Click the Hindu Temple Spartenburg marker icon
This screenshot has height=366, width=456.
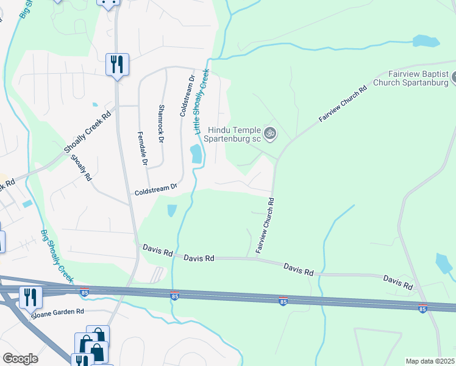[269, 132]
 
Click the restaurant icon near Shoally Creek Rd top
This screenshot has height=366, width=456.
[116, 64]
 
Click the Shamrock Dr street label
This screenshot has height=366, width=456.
[162, 123]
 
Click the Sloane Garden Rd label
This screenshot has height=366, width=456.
[59, 311]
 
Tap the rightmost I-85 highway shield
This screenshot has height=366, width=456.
[422, 309]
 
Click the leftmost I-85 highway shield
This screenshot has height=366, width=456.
[84, 292]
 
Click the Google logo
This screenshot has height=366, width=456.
[20, 359]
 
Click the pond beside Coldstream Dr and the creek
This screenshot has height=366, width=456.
[197, 154]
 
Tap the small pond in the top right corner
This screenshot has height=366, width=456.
[425, 41]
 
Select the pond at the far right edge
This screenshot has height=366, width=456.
[444, 263]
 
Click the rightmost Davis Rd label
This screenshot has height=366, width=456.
[398, 282]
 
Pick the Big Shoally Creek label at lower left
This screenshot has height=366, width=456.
[56, 256]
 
